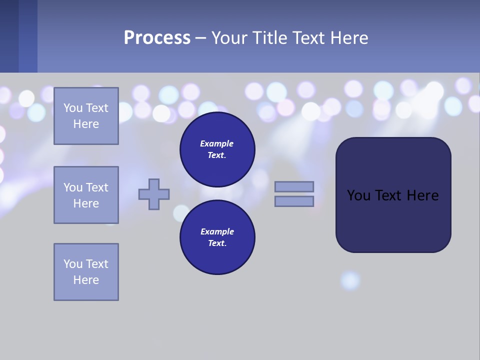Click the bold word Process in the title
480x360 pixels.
tap(157, 38)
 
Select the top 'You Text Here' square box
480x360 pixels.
tap(86, 116)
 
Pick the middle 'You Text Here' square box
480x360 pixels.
tap(86, 195)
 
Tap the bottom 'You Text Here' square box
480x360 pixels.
tap(86, 272)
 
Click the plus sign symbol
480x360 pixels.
tap(154, 194)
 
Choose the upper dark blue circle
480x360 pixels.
tap(217, 149)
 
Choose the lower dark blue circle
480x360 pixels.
tap(217, 237)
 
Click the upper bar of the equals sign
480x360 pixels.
tap(294, 186)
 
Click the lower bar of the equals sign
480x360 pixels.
tap(294, 201)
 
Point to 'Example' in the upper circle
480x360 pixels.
tap(217, 143)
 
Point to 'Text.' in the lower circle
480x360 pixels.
tap(217, 243)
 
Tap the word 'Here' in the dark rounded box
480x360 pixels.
tap(422, 195)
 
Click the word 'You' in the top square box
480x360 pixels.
tap(72, 108)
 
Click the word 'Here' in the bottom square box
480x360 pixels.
tap(86, 280)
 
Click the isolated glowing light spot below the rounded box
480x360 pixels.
tap(350, 280)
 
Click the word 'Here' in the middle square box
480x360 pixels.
tap(86, 203)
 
